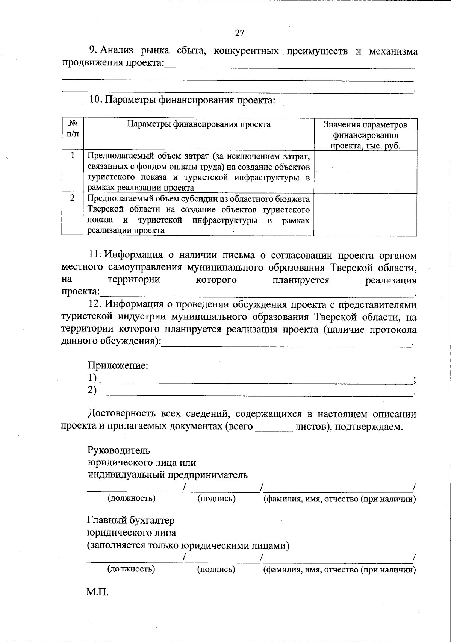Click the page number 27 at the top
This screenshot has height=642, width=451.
[239, 33]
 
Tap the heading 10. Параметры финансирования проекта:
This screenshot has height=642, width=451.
[182, 100]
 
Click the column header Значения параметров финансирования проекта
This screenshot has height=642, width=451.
[365, 135]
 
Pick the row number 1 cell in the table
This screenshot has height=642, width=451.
[73, 155]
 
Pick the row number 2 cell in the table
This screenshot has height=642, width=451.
[73, 198]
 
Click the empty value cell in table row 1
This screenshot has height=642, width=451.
[365, 172]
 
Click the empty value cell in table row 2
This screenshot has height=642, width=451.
[365, 215]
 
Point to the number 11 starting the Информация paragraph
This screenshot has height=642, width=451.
[95, 256]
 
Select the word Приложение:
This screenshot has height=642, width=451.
[118, 365]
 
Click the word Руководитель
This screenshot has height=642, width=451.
[119, 450]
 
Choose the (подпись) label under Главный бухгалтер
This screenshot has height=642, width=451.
[216, 569]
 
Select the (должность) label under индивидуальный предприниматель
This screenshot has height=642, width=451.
[132, 498]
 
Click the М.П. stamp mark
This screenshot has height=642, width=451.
[97, 592]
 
